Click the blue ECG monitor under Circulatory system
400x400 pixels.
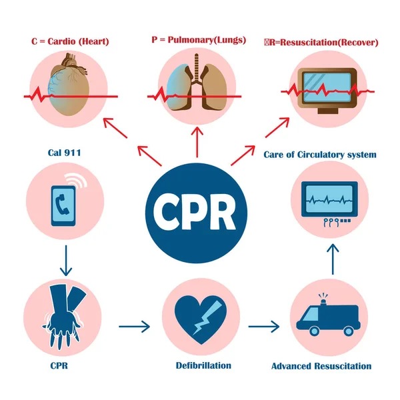tap(326, 201)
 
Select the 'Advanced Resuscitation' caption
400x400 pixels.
tap(321, 366)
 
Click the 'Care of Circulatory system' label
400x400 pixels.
tap(320, 155)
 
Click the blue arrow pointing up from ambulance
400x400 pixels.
tap(334, 259)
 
